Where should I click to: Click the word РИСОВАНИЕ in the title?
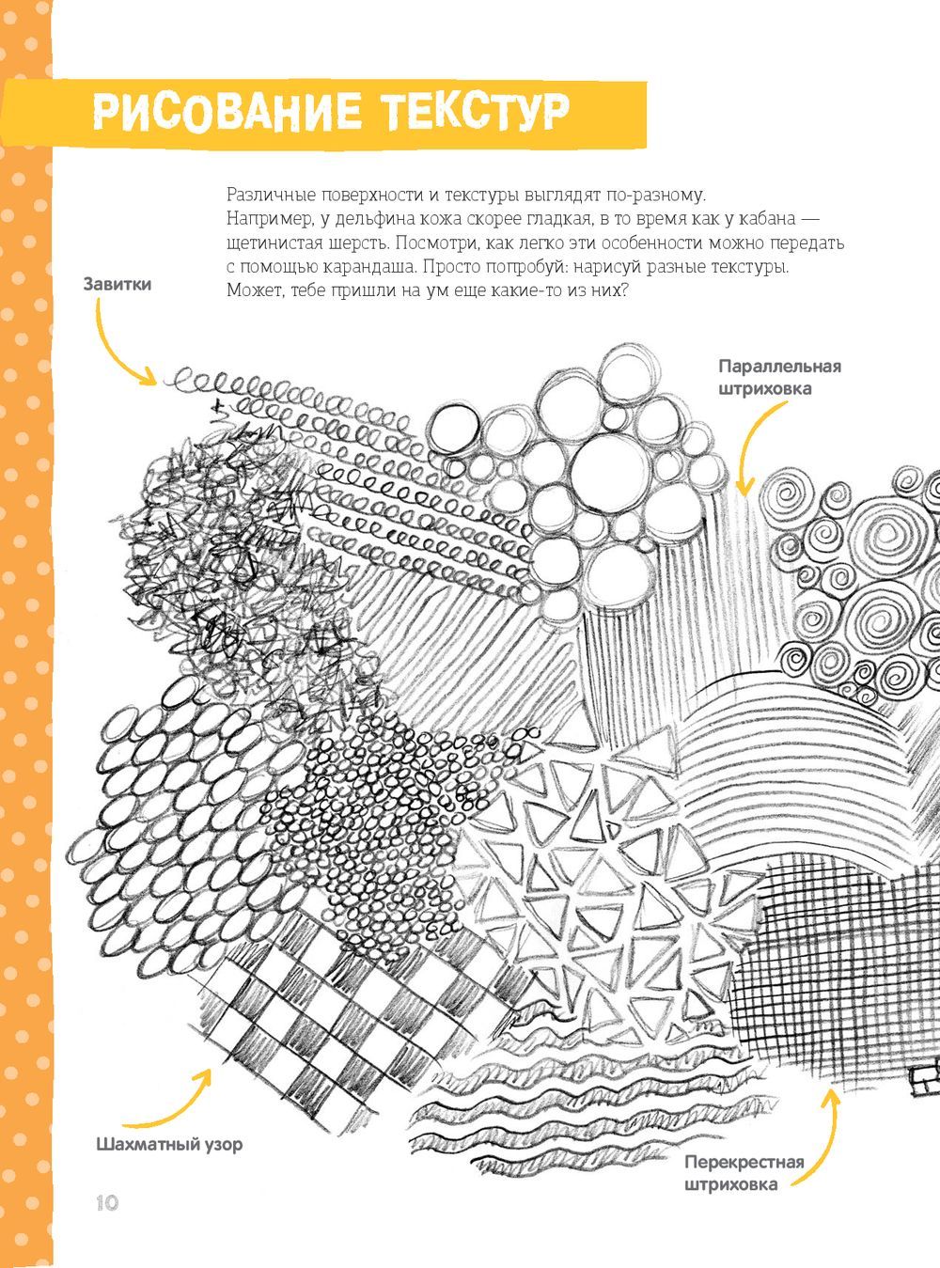227,111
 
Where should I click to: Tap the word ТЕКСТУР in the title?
476,111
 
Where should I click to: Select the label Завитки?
117,285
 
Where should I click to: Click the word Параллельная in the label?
780,367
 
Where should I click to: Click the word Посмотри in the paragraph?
437,243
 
